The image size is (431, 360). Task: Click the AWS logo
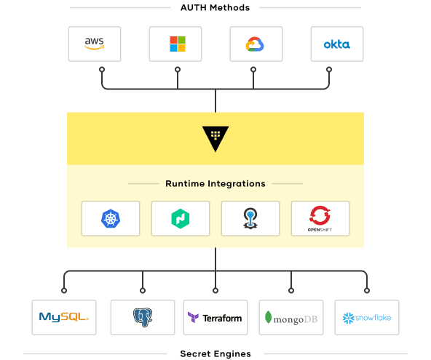pyautogui.click(x=95, y=44)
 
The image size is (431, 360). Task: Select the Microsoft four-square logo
pyautogui.click(x=178, y=44)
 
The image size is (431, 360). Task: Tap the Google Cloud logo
pyautogui.click(x=255, y=44)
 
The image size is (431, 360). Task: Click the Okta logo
pyautogui.click(x=336, y=44)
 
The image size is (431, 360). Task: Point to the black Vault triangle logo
pyautogui.click(x=215, y=138)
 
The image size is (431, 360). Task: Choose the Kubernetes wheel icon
pyautogui.click(x=111, y=219)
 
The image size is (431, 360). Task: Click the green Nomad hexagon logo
pyautogui.click(x=181, y=219)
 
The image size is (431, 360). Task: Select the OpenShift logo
pyautogui.click(x=320, y=219)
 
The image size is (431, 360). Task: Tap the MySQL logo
pyautogui.click(x=64, y=317)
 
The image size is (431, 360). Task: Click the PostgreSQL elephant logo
pyautogui.click(x=143, y=317)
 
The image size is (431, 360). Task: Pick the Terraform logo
pyautogui.click(x=215, y=318)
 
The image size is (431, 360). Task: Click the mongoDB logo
pyautogui.click(x=290, y=318)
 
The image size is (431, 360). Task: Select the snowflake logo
pyautogui.click(x=367, y=318)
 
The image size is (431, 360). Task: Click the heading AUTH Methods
pyautogui.click(x=215, y=8)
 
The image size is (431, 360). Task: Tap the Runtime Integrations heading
pyautogui.click(x=215, y=183)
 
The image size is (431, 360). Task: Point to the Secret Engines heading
pyautogui.click(x=215, y=353)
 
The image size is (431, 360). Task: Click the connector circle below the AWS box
pyautogui.click(x=102, y=70)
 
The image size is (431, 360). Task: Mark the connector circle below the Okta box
pyautogui.click(x=329, y=70)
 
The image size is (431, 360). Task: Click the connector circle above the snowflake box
pyautogui.click(x=367, y=290)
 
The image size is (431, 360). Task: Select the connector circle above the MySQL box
pyautogui.click(x=64, y=290)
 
